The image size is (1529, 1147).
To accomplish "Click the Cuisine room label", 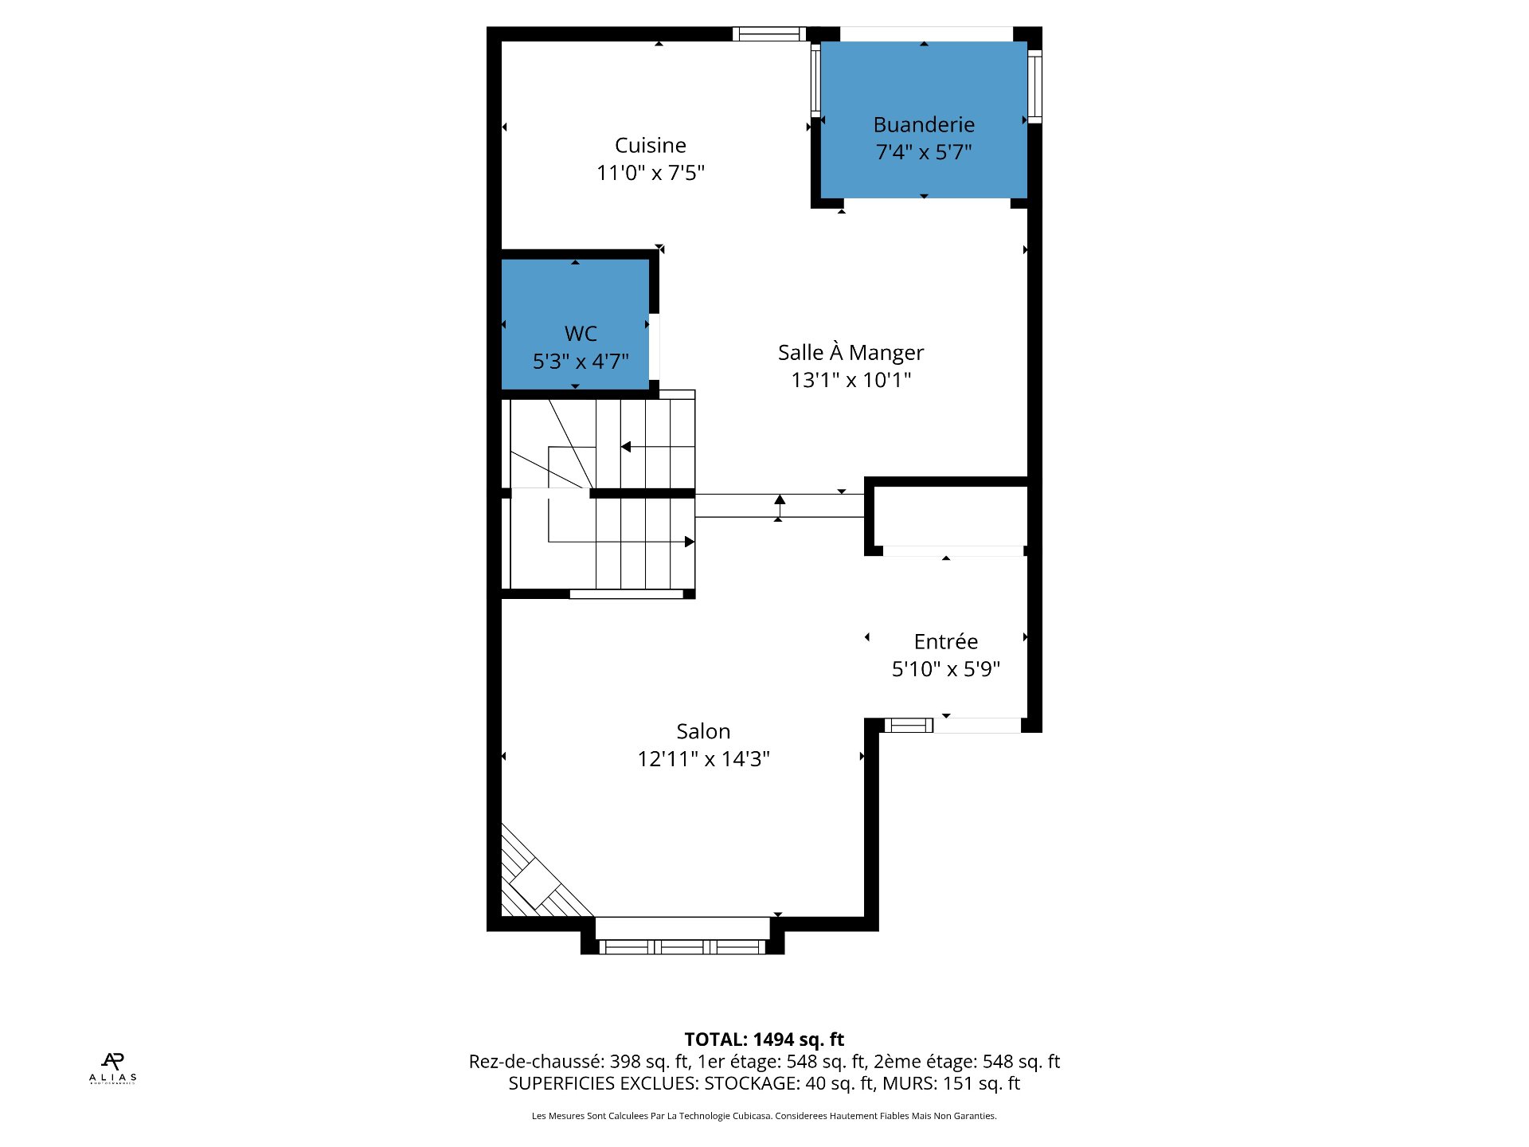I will (650, 145).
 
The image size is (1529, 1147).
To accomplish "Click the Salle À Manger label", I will (851, 352).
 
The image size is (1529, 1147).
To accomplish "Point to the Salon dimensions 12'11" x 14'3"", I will (703, 759).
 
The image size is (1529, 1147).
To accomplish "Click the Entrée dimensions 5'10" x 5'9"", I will (945, 669).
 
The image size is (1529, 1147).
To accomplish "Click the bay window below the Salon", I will (682, 945).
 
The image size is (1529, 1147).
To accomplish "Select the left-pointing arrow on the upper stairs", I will (627, 447).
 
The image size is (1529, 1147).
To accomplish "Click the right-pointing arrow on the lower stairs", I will (689, 542).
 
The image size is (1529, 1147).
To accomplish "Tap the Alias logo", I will (112, 1067).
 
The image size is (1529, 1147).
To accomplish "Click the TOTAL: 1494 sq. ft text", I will (764, 1039).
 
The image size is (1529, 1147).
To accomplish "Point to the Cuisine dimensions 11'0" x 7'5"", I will (650, 173).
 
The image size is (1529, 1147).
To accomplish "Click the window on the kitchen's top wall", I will (768, 33).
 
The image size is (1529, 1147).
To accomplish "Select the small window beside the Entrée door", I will (908, 725).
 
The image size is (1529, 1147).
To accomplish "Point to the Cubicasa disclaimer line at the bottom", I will (764, 1116).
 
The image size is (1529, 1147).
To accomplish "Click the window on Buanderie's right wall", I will (1034, 86).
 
